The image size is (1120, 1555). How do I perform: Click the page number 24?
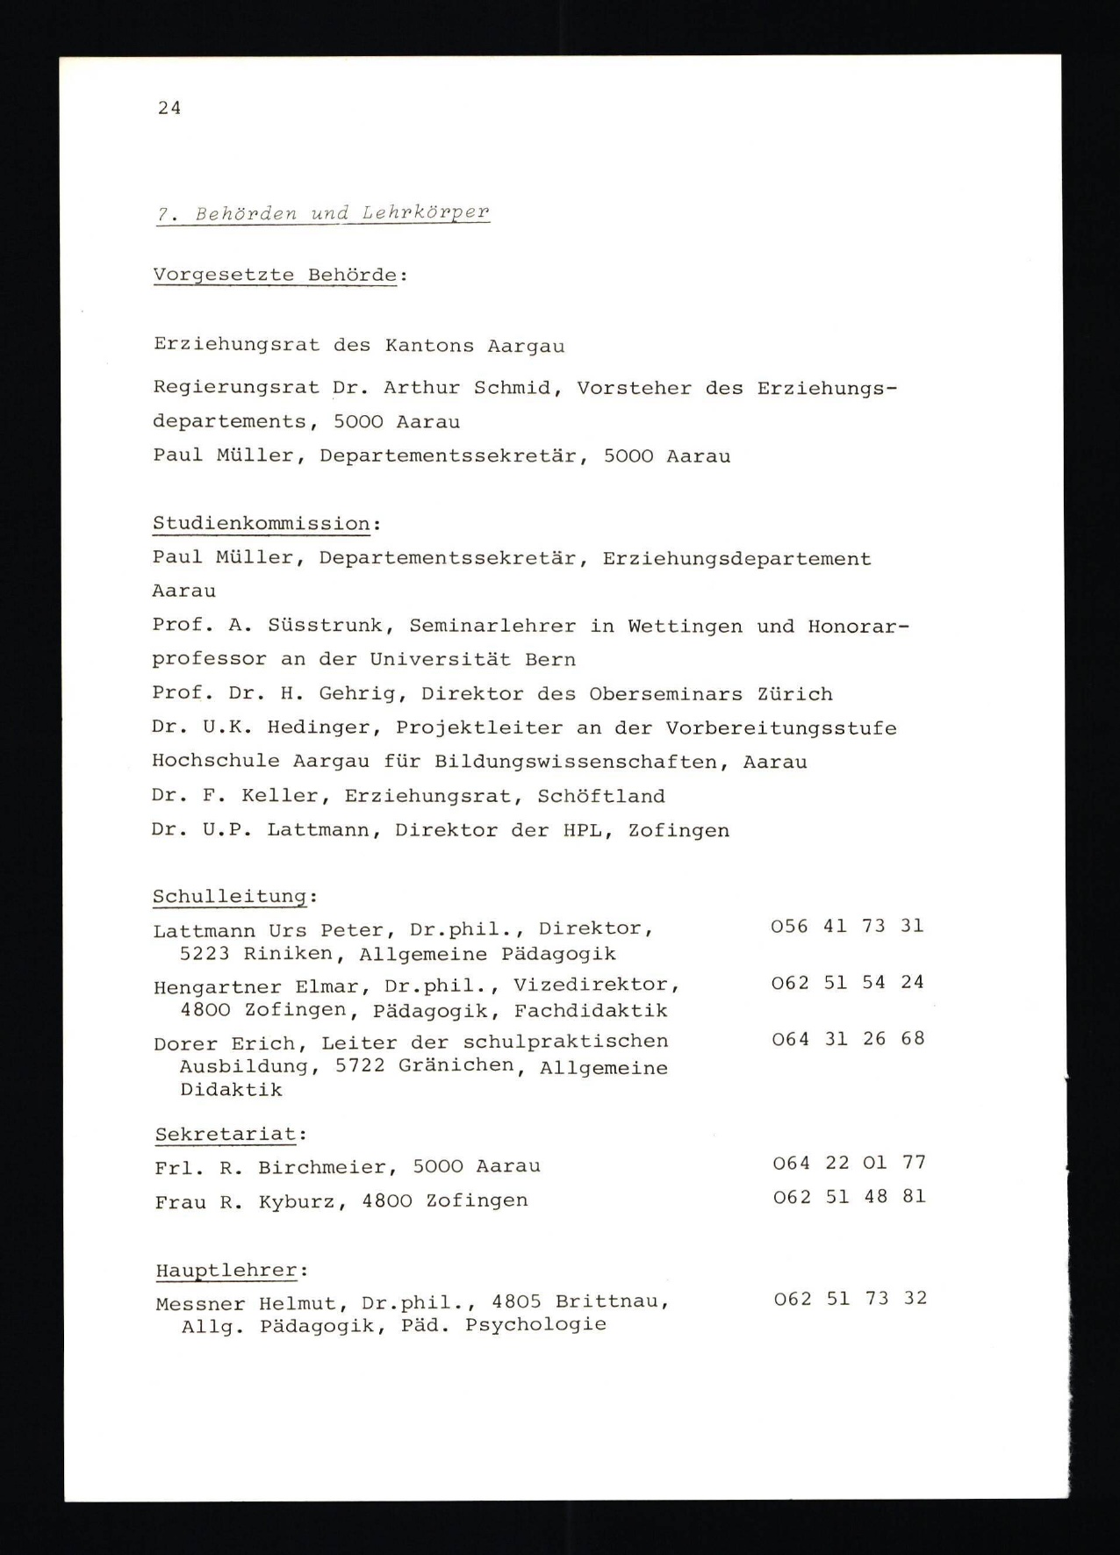point(169,108)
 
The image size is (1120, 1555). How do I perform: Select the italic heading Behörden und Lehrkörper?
point(322,213)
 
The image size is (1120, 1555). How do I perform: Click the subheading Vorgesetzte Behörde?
point(275,275)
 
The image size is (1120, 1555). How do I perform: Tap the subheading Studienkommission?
point(262,524)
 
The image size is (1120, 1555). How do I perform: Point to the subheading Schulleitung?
point(230,897)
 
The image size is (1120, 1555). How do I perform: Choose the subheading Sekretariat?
point(226,1134)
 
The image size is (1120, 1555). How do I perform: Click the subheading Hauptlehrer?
point(227,1270)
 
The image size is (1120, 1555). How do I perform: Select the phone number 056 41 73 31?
point(847,926)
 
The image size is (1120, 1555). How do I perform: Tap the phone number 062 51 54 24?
point(847,982)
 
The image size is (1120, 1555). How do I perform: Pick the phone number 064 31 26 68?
point(848,1038)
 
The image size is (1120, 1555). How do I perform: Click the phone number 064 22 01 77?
point(849,1163)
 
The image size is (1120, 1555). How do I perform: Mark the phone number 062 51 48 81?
point(849,1197)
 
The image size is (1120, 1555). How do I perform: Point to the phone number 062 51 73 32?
point(850,1299)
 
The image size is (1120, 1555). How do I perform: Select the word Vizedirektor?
point(596,985)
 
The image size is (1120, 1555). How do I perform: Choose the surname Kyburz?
point(297,1201)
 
